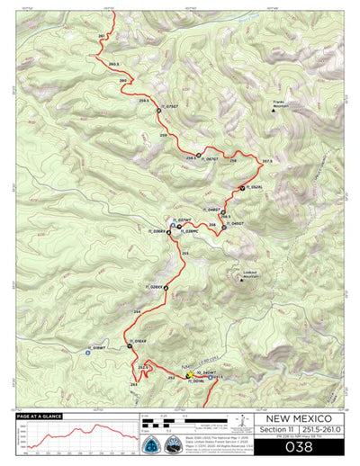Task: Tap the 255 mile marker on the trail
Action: point(184,255)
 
